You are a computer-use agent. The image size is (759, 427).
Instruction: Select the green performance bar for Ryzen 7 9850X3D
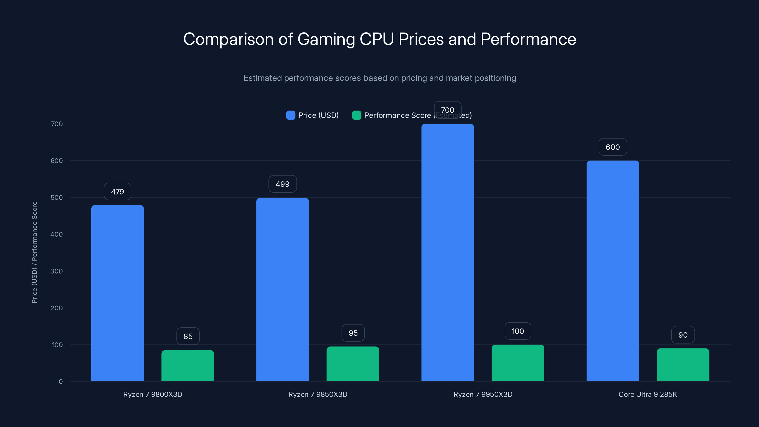353,364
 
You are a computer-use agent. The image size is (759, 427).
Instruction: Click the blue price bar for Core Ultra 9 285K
613,271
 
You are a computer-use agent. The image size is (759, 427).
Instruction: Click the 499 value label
282,184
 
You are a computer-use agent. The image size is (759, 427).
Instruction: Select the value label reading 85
188,336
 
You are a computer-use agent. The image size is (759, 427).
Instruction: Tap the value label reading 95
353,333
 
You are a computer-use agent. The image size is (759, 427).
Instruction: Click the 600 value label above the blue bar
613,147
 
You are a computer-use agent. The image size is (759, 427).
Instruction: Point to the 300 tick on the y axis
57,271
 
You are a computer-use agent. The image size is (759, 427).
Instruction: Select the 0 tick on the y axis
61,382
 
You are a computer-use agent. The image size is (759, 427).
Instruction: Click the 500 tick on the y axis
57,197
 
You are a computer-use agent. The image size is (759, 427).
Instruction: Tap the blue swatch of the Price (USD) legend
291,115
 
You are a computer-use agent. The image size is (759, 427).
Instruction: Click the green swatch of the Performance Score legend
356,115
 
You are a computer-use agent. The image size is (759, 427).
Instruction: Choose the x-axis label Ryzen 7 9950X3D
483,394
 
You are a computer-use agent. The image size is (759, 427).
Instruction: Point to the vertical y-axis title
34,252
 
